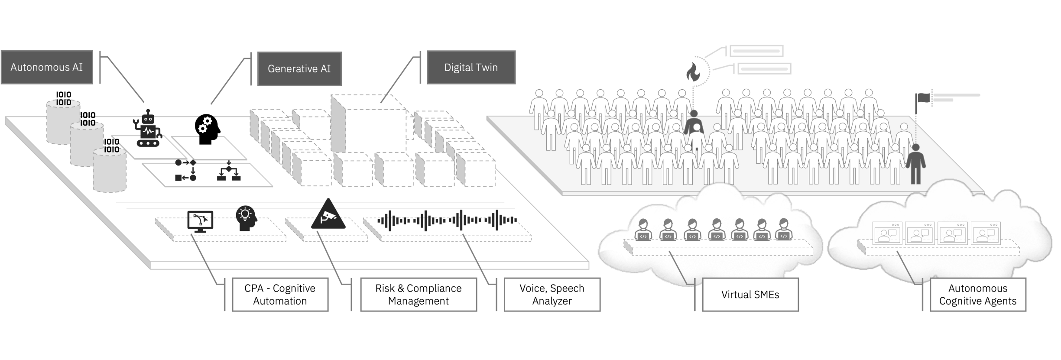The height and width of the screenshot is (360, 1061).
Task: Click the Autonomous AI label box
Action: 47,67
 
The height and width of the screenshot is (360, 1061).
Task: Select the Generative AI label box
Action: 299,68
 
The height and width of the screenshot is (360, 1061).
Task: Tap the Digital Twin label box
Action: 471,67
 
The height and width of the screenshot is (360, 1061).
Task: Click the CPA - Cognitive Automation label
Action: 280,295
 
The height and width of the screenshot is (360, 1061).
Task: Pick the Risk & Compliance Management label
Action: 418,295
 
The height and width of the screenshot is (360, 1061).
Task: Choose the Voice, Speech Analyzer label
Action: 552,295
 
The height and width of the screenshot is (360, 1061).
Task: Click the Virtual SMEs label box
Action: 750,295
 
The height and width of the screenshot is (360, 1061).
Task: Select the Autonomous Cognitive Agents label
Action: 978,295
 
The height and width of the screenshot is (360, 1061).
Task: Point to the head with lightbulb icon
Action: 246,218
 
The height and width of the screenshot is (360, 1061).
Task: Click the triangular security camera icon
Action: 328,215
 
